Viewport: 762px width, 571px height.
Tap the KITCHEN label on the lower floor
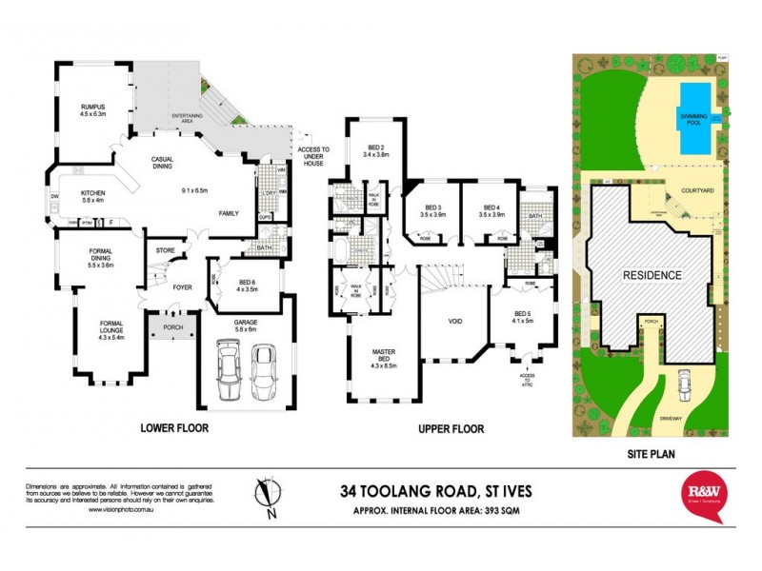point(92,196)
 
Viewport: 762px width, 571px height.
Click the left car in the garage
point(230,372)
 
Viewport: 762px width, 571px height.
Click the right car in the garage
point(264,372)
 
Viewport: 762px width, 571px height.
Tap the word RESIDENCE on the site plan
point(652,275)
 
